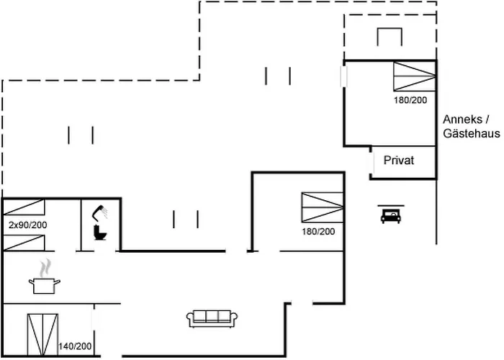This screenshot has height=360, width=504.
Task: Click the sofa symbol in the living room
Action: click(x=212, y=318)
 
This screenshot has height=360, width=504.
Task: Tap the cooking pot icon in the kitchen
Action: click(x=45, y=286)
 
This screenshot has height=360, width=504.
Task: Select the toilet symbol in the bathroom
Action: click(x=100, y=233)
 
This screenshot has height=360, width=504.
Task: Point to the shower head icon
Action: click(x=100, y=212)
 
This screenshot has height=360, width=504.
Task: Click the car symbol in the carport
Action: click(x=390, y=216)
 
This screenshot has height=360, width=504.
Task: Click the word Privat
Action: click(x=399, y=160)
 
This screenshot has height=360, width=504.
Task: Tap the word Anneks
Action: click(x=462, y=120)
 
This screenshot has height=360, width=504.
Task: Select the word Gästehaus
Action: click(x=472, y=133)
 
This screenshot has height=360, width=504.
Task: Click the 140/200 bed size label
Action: click(x=75, y=346)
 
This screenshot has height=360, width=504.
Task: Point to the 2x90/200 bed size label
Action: click(x=28, y=225)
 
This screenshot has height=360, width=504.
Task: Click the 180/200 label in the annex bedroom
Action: click(x=410, y=100)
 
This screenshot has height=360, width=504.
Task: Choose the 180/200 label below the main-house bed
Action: click(x=318, y=231)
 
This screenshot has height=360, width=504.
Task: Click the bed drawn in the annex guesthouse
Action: click(x=415, y=76)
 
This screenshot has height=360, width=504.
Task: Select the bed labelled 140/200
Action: click(x=42, y=335)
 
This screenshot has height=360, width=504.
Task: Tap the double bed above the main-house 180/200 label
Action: click(x=323, y=207)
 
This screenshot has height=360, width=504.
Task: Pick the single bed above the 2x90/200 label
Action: click(x=24, y=207)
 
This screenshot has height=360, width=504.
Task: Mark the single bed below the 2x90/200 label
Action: click(x=24, y=243)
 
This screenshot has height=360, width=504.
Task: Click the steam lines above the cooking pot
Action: click(x=45, y=268)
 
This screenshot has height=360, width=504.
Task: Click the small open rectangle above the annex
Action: click(x=390, y=37)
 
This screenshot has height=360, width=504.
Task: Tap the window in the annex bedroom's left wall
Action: click(x=344, y=76)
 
